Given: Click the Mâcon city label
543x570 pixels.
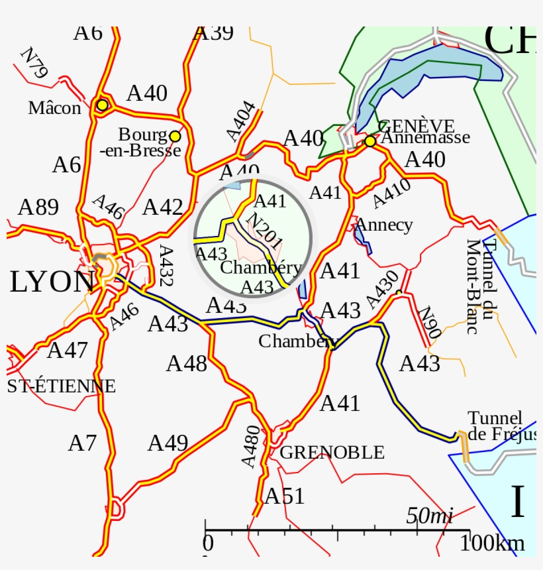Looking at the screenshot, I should [x=54, y=108].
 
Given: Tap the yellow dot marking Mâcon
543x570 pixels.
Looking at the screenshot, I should [x=102, y=105].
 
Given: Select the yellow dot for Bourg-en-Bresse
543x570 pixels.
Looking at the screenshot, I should [x=175, y=136].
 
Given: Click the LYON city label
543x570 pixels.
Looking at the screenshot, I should [x=52, y=282].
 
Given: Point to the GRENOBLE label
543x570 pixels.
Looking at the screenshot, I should [x=332, y=453].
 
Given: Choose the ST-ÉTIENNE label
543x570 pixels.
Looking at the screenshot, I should [x=61, y=386].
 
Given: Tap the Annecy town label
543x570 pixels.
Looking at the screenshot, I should [x=383, y=225].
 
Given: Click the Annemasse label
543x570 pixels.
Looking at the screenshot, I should [x=426, y=137].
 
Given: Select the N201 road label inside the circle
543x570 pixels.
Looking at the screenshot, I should [x=264, y=233].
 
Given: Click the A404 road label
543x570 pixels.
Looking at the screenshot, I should [x=241, y=121].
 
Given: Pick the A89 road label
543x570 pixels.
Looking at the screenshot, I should [x=38, y=207].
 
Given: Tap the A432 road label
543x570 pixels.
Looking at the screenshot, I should [x=166, y=266].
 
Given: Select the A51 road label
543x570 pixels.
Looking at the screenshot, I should [x=285, y=496].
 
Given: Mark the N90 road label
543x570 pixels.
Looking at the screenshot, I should [x=430, y=323].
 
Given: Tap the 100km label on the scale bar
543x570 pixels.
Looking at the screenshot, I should [x=493, y=543].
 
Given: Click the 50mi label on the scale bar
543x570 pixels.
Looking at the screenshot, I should [x=429, y=516].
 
